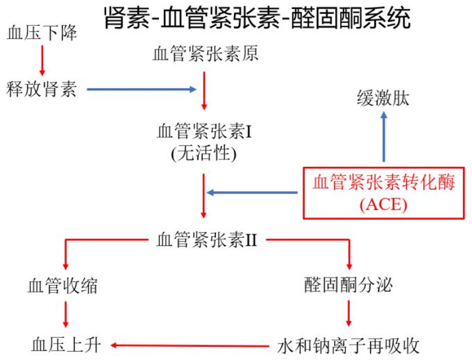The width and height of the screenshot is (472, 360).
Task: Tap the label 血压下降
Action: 42,33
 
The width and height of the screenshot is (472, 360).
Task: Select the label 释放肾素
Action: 42,90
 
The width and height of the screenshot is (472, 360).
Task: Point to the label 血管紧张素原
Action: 205,54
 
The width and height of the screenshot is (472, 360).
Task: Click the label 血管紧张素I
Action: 205,131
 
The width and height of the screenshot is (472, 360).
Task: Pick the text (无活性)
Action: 204,152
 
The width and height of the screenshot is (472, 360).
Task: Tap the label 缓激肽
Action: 383,98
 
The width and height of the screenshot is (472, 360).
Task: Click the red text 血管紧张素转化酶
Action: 384,182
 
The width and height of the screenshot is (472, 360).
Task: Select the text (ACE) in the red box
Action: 383,205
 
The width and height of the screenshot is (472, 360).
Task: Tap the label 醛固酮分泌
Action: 348,286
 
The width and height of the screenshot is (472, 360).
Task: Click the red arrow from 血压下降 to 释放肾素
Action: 42,61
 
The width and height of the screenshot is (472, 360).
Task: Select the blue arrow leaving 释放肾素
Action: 141,90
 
